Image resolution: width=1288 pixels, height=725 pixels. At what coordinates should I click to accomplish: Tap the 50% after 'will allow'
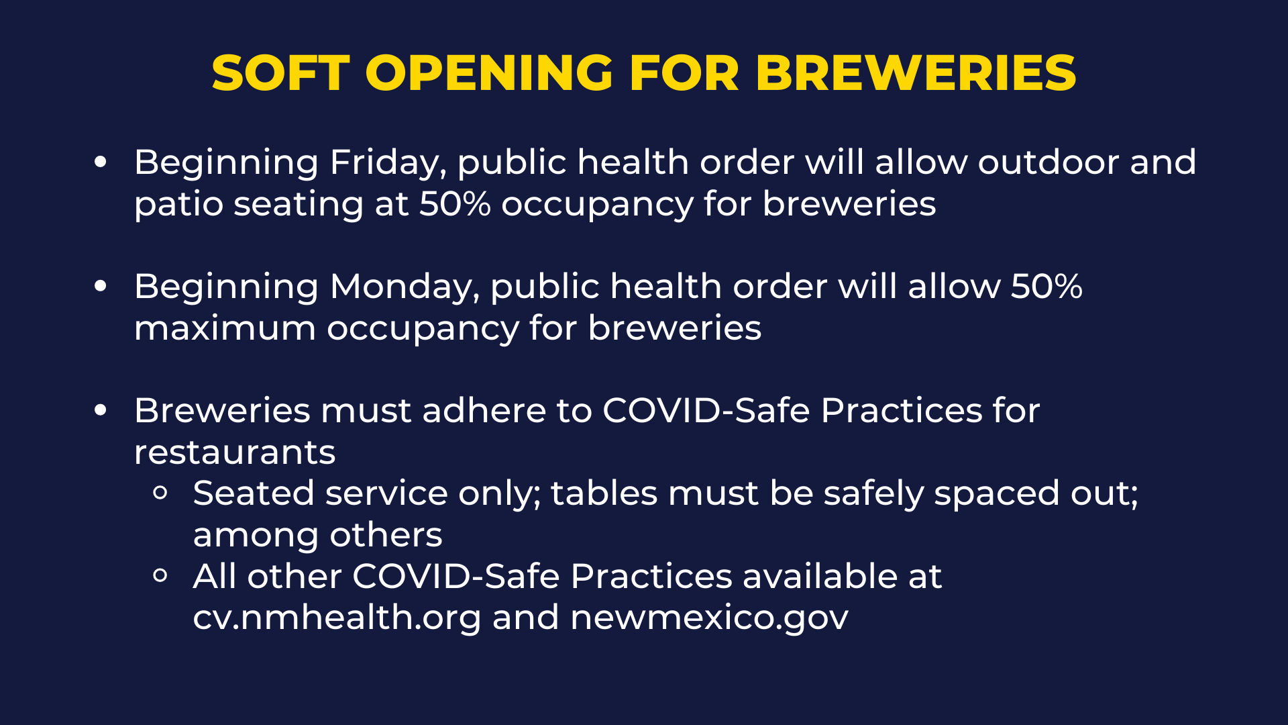[x=1046, y=287]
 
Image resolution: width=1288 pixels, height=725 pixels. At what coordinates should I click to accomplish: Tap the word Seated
[x=254, y=493]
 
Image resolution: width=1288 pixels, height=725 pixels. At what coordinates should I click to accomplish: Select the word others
[x=386, y=535]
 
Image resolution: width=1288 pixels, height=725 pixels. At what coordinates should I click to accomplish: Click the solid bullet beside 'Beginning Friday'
[x=101, y=162]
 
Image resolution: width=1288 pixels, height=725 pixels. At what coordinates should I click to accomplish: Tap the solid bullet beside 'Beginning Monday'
[x=101, y=286]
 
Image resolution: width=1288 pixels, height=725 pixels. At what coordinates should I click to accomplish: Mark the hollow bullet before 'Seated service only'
[x=160, y=493]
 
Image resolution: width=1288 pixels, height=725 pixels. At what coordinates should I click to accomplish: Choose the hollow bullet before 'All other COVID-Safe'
[x=160, y=576]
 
